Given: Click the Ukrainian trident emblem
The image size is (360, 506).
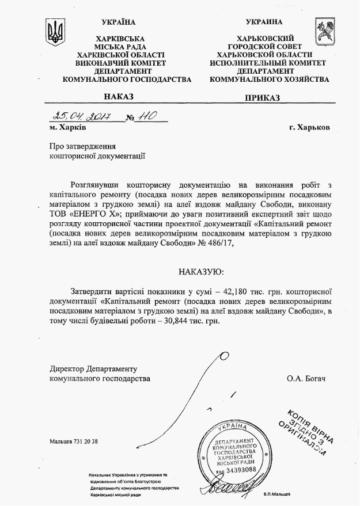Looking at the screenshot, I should tap(55, 32).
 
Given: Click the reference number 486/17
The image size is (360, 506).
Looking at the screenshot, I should tap(219, 243).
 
